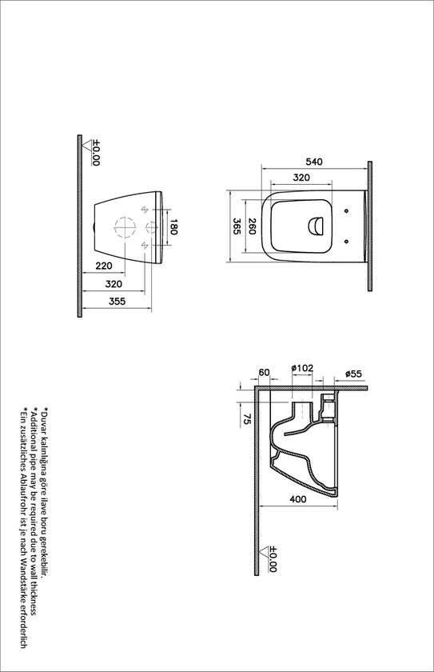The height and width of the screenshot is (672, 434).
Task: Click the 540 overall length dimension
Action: pyautogui.click(x=314, y=162)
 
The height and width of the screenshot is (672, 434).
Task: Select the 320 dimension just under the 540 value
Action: pyautogui.click(x=301, y=178)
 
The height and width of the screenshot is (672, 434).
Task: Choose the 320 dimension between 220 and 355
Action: pyautogui.click(x=114, y=283)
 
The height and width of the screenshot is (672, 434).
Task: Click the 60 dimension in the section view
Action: pyautogui.click(x=265, y=372)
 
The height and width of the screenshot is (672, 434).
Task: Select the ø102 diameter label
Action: pyautogui.click(x=302, y=368)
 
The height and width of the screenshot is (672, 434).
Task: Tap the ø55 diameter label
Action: pyautogui.click(x=354, y=374)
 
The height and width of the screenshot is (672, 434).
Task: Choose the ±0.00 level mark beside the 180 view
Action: pyautogui.click(x=95, y=153)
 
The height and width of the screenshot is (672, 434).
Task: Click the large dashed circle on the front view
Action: pyautogui.click(x=125, y=228)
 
